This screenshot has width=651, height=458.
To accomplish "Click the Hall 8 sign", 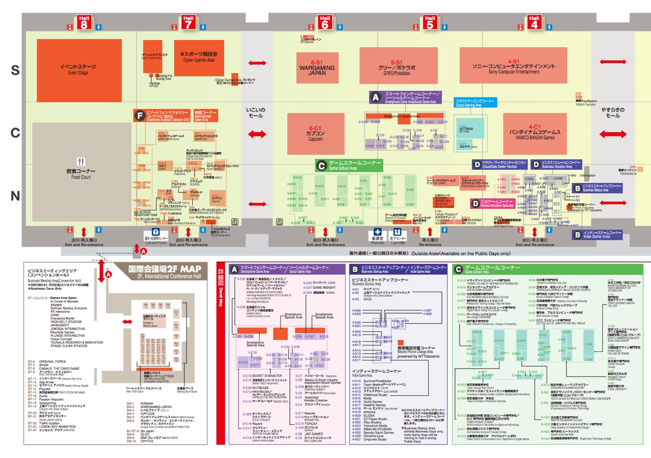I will click(84, 21).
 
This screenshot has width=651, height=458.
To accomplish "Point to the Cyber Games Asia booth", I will click(198, 57).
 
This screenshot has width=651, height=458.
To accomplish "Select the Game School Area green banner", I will click(349, 165).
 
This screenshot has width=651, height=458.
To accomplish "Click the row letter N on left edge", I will click(16, 196).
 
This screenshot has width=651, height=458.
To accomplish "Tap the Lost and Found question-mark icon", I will click(156, 231).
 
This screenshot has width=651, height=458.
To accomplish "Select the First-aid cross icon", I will click(377, 232).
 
